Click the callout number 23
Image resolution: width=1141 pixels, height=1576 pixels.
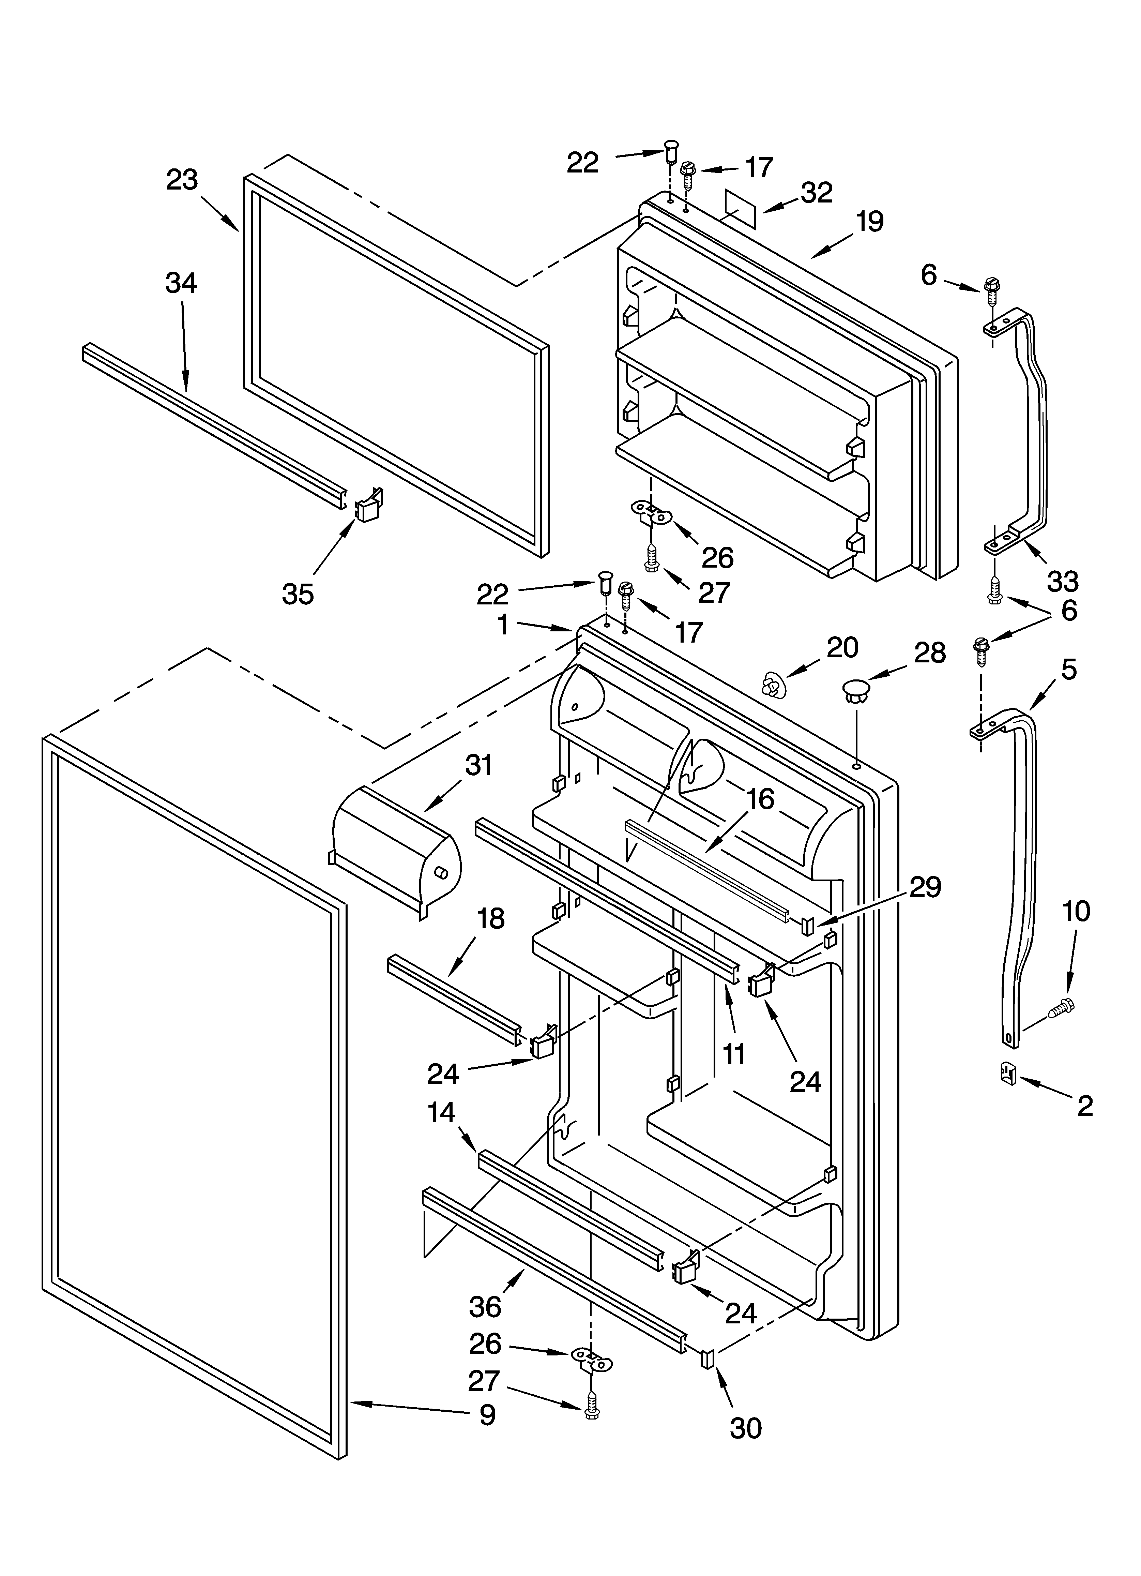coord(182,180)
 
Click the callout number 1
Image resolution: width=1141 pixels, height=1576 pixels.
coord(503,625)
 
